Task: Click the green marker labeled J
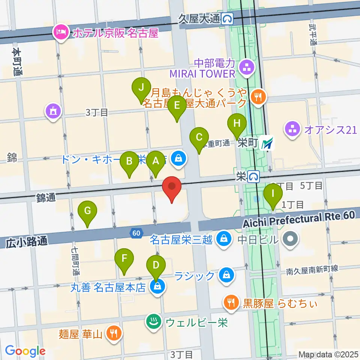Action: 141,88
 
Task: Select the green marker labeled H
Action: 237,123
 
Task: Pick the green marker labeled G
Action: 87,211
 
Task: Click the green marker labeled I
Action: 273,194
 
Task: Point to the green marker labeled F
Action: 124,259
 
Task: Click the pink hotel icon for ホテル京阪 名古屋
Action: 60,33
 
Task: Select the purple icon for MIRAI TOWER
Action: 247,67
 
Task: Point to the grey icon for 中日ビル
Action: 290,238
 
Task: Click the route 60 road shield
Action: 136,233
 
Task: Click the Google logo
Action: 25,351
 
